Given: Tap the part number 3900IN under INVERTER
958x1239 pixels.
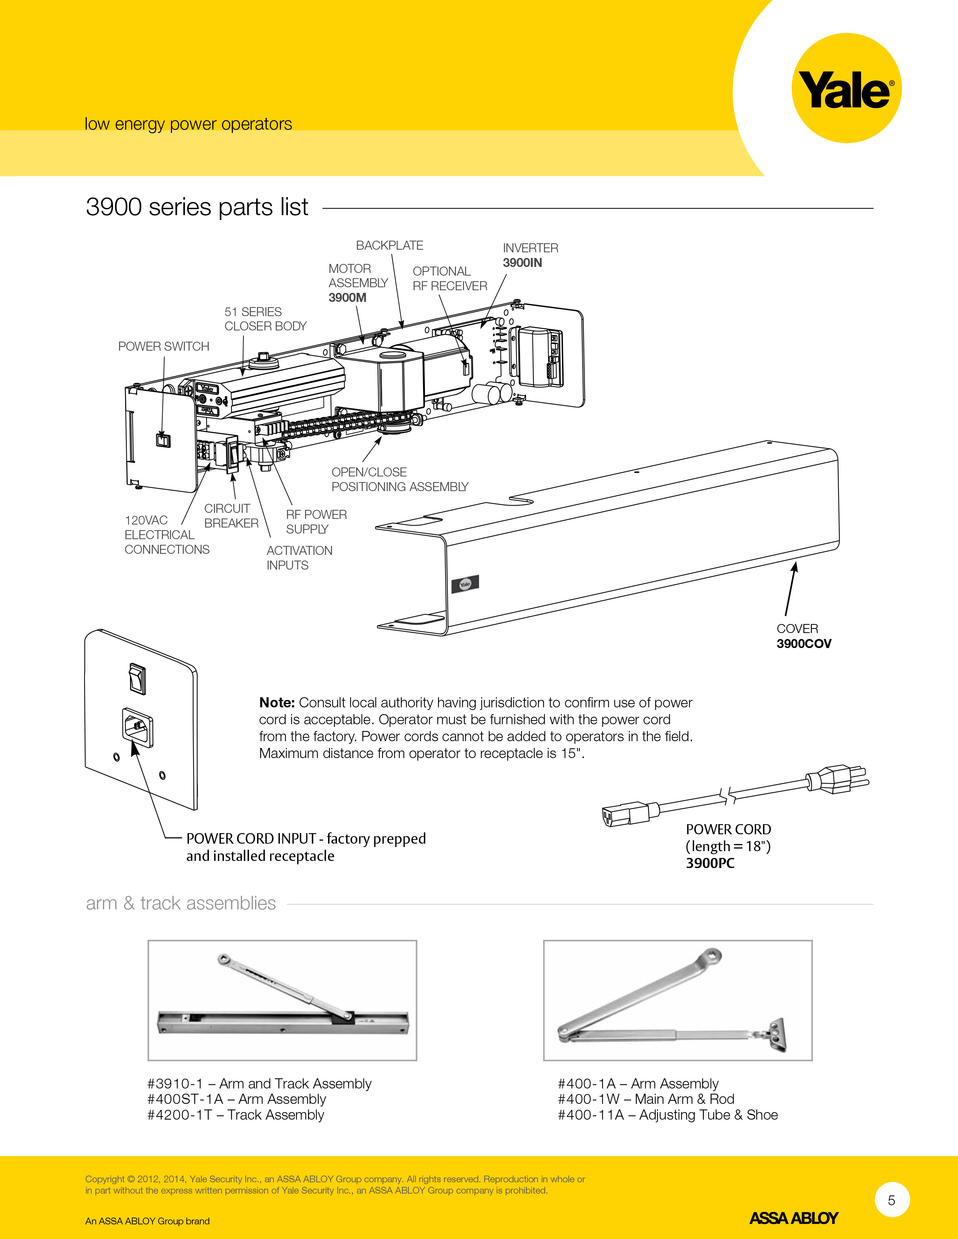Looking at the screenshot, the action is (522, 263).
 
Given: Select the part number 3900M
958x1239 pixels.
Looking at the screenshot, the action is (348, 297).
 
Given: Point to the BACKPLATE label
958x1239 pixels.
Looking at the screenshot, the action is (389, 245).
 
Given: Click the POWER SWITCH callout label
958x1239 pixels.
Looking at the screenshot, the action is (163, 346).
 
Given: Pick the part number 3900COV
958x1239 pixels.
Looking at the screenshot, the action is (804, 643).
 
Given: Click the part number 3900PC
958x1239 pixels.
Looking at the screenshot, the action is (710, 863).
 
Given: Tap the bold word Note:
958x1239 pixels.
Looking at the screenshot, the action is (277, 702).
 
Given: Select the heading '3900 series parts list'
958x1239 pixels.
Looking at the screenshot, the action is (197, 207).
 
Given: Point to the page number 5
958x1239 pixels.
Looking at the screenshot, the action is (892, 1200).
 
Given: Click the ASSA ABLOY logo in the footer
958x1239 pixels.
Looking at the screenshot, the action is (793, 1218).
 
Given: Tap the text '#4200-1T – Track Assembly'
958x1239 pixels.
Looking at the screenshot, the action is (236, 1115).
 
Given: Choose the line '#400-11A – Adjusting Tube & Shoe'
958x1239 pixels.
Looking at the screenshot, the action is (668, 1115).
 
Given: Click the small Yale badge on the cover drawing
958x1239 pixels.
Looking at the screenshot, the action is (465, 584).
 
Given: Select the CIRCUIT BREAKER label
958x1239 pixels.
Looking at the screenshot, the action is (231, 515).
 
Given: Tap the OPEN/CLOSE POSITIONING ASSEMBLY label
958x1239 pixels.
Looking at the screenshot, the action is (400, 479).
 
